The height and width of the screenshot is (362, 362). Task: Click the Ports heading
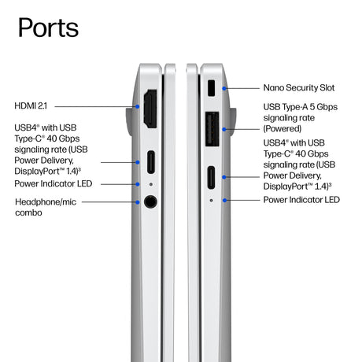[48, 28]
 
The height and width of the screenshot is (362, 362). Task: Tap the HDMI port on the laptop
[150, 109]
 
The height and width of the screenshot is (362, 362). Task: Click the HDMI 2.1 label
[31, 106]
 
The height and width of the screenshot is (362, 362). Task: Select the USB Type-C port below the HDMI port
[151, 162]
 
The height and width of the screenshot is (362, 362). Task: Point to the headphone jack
[150, 201]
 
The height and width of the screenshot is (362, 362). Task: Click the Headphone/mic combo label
[46, 207]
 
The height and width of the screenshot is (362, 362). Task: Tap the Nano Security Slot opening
[211, 88]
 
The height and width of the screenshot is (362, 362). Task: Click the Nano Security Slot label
[299, 87]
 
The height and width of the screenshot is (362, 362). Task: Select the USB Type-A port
[212, 129]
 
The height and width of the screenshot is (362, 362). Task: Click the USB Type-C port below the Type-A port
[211, 178]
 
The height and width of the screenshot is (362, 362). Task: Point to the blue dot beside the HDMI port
[138, 106]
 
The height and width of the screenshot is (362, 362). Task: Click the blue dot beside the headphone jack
[138, 202]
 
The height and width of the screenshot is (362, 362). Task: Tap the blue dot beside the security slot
[224, 88]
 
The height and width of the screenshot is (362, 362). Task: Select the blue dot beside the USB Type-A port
[224, 129]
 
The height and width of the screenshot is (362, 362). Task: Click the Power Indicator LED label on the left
[54, 183]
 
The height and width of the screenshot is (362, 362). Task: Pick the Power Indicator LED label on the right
[301, 200]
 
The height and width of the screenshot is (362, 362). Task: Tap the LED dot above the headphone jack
[151, 184]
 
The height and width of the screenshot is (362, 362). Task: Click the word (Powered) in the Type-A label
[283, 129]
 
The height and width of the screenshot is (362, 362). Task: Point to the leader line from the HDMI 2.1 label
[95, 106]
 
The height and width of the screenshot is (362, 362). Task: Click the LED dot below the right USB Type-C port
[211, 201]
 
